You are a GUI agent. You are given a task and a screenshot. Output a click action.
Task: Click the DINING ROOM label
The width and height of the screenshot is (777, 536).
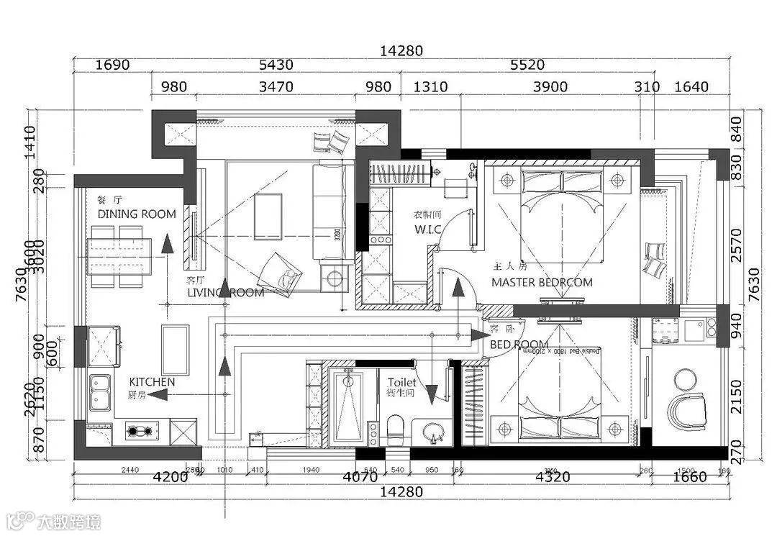137,214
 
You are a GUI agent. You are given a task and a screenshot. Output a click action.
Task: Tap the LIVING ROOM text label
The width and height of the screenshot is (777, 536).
225,293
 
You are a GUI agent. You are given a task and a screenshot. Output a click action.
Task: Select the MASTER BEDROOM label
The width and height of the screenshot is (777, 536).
542,283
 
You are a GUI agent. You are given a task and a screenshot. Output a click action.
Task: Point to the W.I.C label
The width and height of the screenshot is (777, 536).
427,230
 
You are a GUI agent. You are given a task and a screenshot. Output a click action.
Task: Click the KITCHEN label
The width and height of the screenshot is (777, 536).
152,381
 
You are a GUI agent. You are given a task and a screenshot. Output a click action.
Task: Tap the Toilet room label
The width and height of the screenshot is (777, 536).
401,383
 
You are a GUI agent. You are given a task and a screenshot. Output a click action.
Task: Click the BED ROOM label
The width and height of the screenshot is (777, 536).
519,345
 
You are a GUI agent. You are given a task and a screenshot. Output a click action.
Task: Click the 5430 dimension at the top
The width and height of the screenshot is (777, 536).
276,65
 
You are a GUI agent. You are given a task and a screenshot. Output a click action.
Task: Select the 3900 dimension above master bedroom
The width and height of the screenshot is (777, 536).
550,87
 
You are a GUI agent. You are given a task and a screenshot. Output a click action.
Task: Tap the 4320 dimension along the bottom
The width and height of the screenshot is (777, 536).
553,476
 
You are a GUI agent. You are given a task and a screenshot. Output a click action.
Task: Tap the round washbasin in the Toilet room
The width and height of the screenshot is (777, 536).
432,432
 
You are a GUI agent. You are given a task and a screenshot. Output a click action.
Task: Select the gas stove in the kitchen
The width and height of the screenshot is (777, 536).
140,432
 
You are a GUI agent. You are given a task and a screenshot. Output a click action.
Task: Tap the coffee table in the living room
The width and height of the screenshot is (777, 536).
268,215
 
